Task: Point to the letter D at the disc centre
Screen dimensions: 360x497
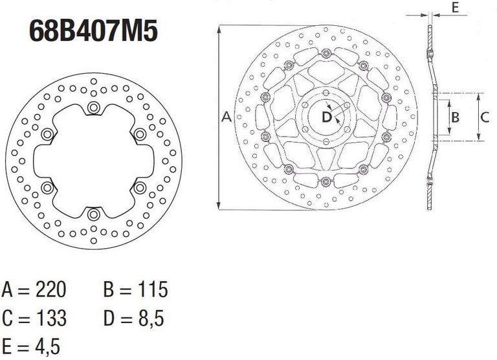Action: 327,117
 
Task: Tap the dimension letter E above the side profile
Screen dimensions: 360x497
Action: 455,8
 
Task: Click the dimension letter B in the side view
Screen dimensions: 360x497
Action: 455,117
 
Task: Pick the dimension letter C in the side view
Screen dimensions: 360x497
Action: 484,117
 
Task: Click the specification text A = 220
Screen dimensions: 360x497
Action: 34,289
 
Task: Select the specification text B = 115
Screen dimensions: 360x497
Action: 135,289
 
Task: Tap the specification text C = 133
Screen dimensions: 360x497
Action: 34,318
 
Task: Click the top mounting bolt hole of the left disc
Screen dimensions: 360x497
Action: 94,107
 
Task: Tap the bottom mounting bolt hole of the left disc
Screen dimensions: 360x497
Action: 94,214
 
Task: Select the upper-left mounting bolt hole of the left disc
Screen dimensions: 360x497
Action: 47,134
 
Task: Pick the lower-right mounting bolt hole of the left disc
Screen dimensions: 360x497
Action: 140,188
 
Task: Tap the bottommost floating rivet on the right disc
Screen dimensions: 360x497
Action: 326,181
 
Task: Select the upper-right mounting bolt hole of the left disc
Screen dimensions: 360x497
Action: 140,134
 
